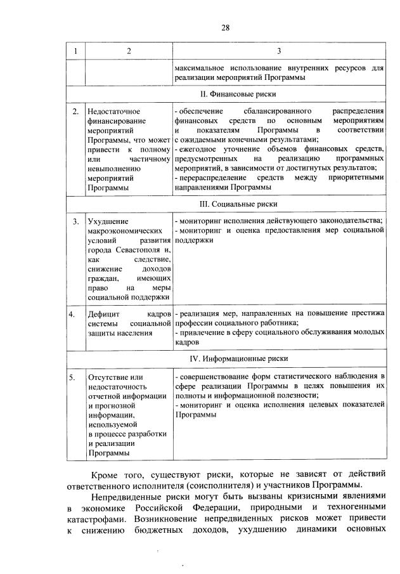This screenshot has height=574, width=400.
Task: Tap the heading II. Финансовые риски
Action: (234, 93)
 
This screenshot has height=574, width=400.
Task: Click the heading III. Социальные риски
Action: (234, 204)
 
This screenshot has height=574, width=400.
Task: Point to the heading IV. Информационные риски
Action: (234, 358)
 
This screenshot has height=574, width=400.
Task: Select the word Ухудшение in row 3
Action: (108, 221)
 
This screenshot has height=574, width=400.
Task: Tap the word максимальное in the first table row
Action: (202, 67)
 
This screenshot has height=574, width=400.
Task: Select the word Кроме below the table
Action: (106, 473)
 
